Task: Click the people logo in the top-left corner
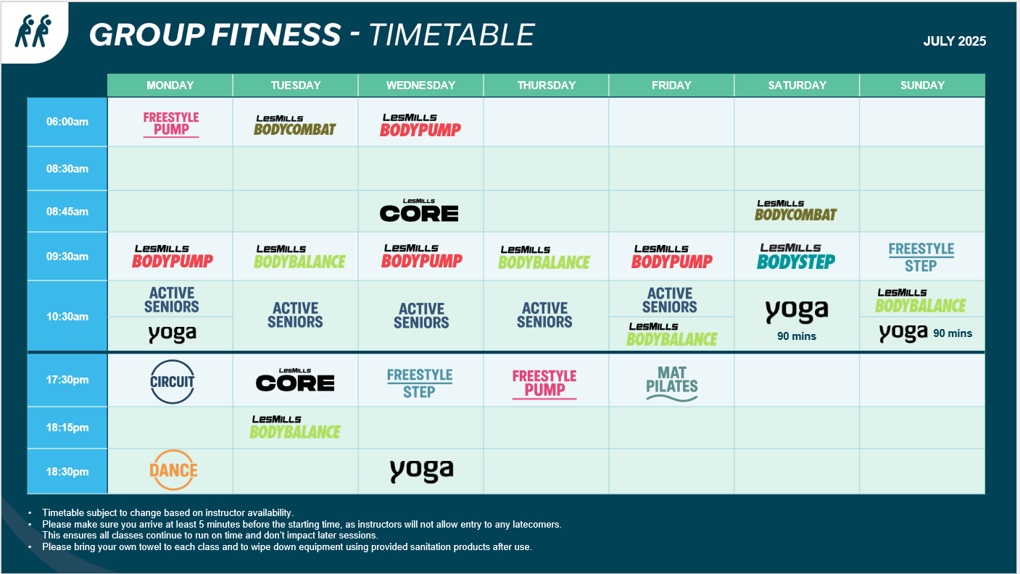pyautogui.click(x=33, y=31)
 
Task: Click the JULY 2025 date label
pyautogui.click(x=955, y=41)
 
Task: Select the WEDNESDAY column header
pyautogui.click(x=420, y=85)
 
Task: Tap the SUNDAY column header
pyautogui.click(x=922, y=85)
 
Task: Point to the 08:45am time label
pyautogui.click(x=67, y=212)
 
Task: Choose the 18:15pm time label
pyautogui.click(x=67, y=428)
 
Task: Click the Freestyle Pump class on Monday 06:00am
pyautogui.click(x=171, y=124)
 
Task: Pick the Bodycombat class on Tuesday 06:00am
pyautogui.click(x=295, y=125)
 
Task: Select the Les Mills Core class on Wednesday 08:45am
pyautogui.click(x=419, y=210)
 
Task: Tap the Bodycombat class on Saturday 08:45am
pyautogui.click(x=796, y=210)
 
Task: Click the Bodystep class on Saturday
pyautogui.click(x=796, y=257)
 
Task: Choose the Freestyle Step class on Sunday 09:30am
pyautogui.click(x=921, y=257)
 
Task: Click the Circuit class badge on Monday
pyautogui.click(x=172, y=381)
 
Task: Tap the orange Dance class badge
pyautogui.click(x=173, y=470)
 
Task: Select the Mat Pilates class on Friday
pyautogui.click(x=671, y=384)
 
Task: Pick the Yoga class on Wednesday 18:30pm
pyautogui.click(x=422, y=470)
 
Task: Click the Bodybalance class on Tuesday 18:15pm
pyautogui.click(x=295, y=427)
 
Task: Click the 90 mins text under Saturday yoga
pyautogui.click(x=797, y=336)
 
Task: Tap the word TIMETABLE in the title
pyautogui.click(x=451, y=35)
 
